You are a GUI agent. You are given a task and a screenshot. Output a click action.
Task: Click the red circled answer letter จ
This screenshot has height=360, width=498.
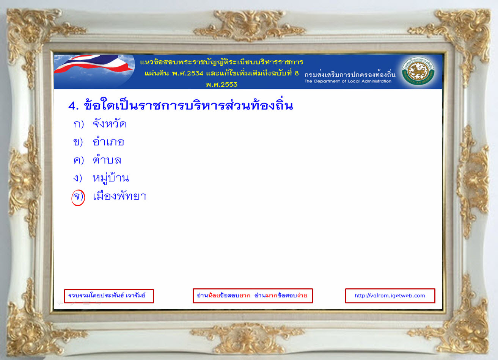click(78, 197)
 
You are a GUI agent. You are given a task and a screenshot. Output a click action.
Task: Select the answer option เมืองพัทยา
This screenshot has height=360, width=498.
click(119, 196)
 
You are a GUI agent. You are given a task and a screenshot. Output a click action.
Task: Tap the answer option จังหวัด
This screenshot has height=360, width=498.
click(109, 124)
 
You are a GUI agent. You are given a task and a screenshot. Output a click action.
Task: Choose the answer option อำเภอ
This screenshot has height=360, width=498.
click(108, 141)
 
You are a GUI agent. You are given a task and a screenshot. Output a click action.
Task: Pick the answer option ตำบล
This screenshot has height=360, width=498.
click(107, 160)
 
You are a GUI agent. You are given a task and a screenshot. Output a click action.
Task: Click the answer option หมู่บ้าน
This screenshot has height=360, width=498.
click(111, 178)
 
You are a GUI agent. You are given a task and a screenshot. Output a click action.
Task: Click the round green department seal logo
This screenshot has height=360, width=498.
click(418, 72)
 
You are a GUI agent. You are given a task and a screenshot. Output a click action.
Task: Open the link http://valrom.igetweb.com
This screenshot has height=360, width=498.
click(390, 296)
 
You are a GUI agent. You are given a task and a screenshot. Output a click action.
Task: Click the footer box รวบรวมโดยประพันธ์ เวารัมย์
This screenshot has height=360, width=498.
click(109, 296)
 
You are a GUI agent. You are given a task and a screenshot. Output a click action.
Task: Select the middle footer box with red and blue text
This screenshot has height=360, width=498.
click(253, 296)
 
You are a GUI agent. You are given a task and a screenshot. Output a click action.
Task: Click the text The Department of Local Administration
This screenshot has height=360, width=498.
click(348, 81)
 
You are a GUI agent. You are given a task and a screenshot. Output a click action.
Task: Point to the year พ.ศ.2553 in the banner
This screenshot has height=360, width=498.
click(222, 85)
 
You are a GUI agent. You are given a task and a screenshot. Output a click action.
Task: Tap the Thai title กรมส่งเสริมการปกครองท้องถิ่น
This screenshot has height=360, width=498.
click(350, 74)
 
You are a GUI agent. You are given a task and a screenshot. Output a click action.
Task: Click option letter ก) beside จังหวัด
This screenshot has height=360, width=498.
click(79, 124)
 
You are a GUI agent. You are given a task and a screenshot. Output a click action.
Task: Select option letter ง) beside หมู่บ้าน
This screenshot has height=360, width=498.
click(78, 178)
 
